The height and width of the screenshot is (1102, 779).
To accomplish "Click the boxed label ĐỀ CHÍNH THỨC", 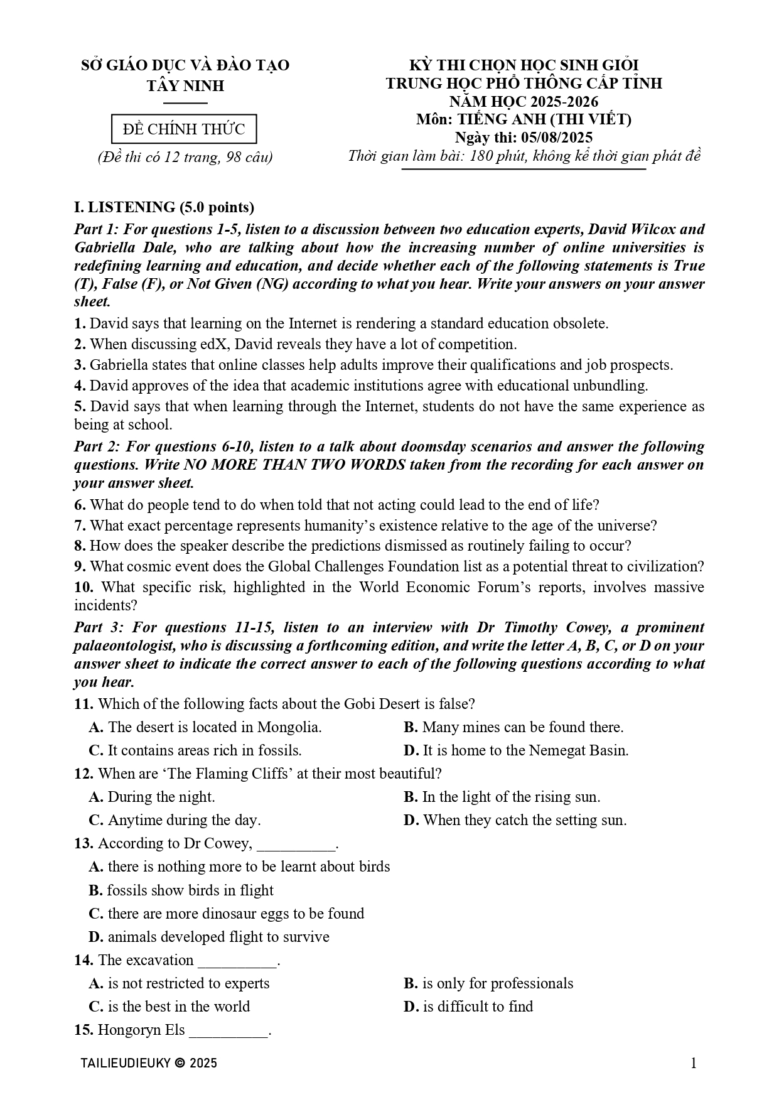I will click(x=184, y=129).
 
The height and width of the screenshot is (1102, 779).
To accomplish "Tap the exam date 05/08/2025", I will click(x=556, y=138).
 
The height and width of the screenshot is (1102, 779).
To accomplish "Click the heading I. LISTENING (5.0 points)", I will click(x=164, y=207).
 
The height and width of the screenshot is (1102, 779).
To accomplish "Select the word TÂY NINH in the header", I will click(x=185, y=85).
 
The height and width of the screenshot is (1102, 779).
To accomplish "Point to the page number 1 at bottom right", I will click(x=693, y=1063).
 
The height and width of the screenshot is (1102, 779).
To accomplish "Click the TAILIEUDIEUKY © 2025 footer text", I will click(x=149, y=1063).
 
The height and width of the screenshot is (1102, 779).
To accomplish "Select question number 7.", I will click(x=79, y=526).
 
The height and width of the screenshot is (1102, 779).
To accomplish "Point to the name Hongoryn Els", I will click(x=141, y=1030).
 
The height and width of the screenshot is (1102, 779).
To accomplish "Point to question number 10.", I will click(x=83, y=587).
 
